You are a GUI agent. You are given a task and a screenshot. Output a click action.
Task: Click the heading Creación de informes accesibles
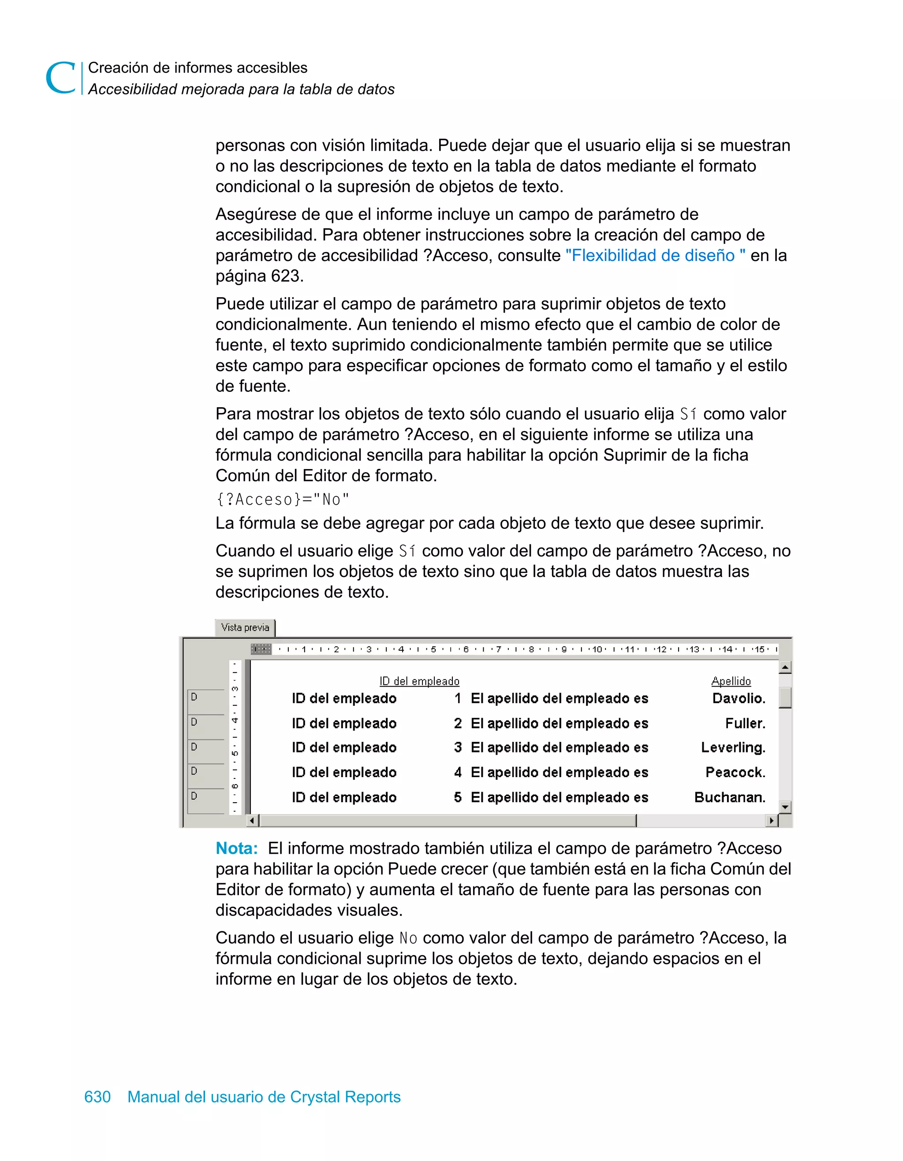(x=197, y=67)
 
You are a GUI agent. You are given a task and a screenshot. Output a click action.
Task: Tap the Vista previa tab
(x=245, y=627)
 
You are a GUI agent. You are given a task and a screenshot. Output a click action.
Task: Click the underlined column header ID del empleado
(x=419, y=681)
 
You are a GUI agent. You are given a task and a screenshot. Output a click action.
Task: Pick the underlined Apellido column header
(x=731, y=681)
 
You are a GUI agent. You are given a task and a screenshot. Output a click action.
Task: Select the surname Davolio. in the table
(x=739, y=699)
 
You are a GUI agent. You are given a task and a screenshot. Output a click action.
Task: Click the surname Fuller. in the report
(x=745, y=723)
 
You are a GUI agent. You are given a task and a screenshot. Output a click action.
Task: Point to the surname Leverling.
(x=733, y=748)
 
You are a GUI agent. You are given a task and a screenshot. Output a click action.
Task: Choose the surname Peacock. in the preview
(x=735, y=772)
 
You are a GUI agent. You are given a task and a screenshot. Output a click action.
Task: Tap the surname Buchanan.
(x=730, y=797)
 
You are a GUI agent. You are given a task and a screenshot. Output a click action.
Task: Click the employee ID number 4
(x=457, y=772)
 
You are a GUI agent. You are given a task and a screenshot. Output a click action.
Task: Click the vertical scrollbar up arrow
(x=785, y=667)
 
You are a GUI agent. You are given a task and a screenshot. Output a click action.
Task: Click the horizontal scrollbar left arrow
(x=253, y=821)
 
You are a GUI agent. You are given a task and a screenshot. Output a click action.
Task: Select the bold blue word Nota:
(x=237, y=848)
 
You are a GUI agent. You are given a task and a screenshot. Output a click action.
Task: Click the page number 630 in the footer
(x=97, y=1097)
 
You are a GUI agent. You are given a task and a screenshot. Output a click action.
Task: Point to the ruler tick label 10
(x=597, y=649)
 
